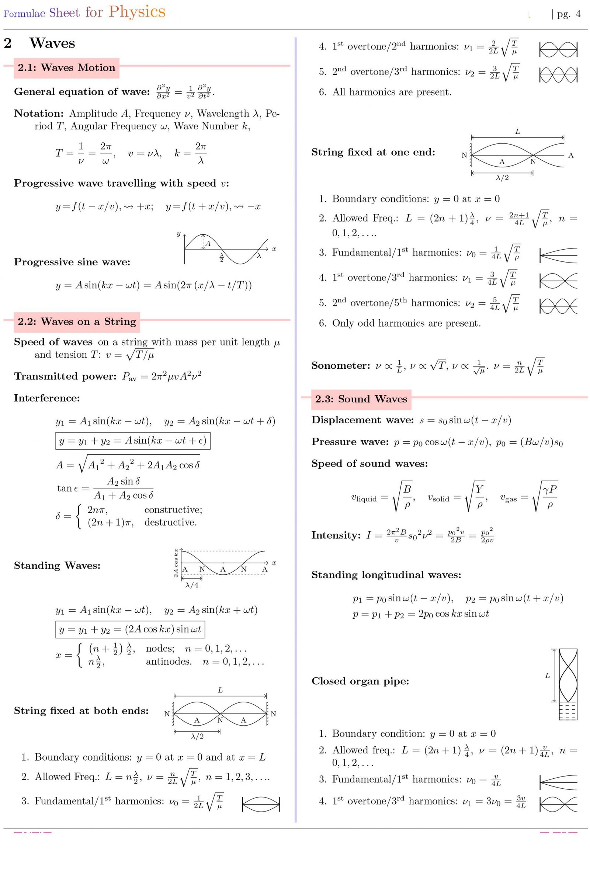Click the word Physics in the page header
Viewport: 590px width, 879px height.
pos(137,12)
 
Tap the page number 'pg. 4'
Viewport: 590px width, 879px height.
pos(569,14)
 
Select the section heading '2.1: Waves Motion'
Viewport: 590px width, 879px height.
pos(66,68)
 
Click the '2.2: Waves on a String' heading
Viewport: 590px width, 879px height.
pos(77,322)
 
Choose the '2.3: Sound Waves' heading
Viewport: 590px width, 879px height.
pos(361,399)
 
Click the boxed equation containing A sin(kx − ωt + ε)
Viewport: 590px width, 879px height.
pos(133,441)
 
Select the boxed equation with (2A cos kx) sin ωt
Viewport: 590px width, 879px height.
pos(130,629)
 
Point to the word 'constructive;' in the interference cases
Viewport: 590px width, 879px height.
pos(173,510)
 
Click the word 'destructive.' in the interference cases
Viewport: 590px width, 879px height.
pos(170,522)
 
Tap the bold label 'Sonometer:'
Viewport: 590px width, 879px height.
pos(340,366)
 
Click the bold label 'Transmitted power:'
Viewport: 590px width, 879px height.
pos(65,376)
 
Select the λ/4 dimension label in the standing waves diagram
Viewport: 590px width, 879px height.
pos(192,585)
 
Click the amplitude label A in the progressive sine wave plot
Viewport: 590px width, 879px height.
pos(208,243)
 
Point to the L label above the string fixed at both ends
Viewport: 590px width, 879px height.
pos(220,690)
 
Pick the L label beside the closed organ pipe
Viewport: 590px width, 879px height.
pos(547,676)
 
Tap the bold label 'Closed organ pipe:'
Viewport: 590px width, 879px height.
pos(360,681)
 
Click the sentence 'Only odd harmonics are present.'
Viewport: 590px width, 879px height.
pos(406,323)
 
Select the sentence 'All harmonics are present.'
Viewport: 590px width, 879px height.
pos(392,92)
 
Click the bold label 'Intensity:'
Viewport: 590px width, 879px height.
pos(336,535)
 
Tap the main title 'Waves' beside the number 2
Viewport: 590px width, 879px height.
pos(52,43)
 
